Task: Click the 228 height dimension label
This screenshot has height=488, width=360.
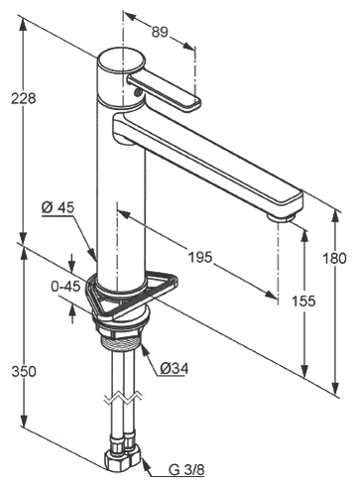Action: [23, 98]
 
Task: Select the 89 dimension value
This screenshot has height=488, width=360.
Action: [160, 32]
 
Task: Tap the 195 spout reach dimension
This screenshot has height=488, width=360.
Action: [200, 257]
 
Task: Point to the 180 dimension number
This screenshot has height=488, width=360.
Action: [335, 258]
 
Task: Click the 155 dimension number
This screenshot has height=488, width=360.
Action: [303, 301]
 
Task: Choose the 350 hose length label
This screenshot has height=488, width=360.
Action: [24, 371]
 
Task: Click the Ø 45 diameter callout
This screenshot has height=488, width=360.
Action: [59, 207]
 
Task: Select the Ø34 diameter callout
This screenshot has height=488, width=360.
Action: [175, 368]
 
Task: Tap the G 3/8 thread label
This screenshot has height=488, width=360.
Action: [186, 469]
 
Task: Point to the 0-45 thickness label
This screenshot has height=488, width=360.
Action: [65, 287]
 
